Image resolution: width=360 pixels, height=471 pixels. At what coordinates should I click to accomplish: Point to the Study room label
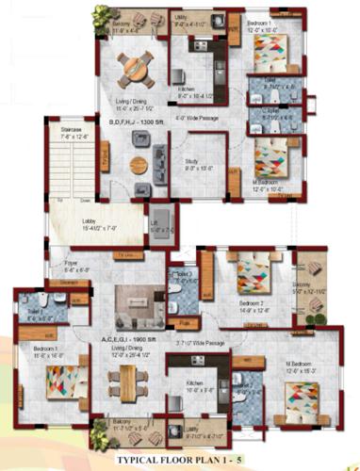198,162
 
